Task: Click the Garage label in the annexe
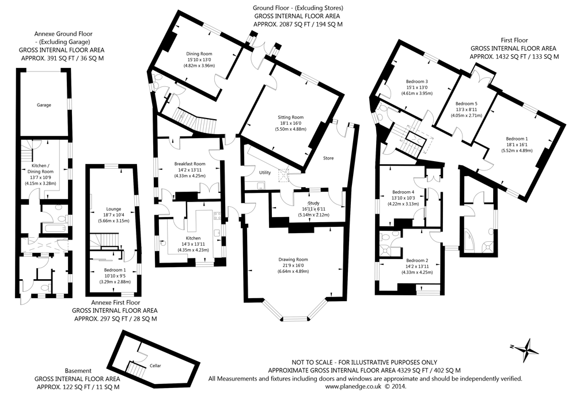[x=44, y=105]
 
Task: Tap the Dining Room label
[x=199, y=53]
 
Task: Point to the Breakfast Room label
[x=190, y=163]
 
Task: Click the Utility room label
[x=265, y=173]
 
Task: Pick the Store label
[x=328, y=158]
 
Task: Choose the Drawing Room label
[x=293, y=259]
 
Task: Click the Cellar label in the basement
[x=155, y=365]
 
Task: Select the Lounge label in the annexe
[x=113, y=209]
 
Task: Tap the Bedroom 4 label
[x=403, y=192]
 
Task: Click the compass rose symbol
[x=526, y=348]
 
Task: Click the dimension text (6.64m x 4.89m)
[x=293, y=271]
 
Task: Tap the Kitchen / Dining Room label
[x=39, y=168]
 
